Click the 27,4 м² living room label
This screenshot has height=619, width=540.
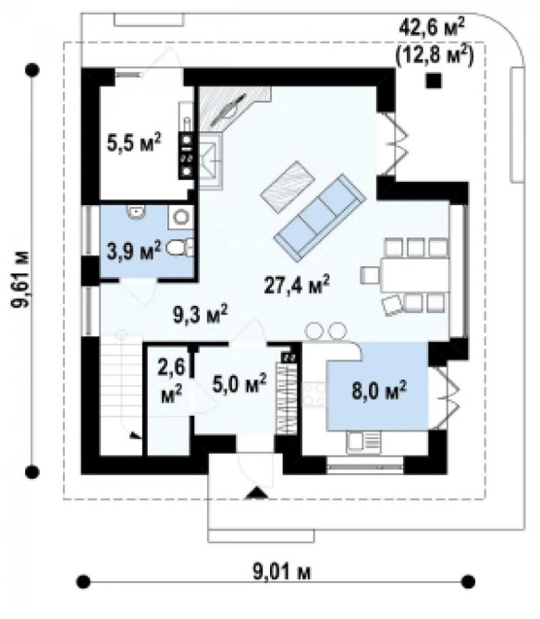coord(297,285)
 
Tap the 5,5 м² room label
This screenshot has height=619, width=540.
coord(134,142)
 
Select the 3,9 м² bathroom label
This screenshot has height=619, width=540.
coord(134,250)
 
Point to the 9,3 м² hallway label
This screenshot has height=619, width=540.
coord(201,314)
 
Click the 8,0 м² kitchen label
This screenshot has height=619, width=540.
coord(379,390)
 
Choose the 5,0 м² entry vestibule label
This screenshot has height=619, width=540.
coord(239,383)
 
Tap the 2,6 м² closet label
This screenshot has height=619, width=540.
coord(171,381)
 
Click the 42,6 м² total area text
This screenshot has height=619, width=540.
coord(432,28)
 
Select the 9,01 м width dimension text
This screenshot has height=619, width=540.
coord(282,572)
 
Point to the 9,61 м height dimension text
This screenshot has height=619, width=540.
coord(20,279)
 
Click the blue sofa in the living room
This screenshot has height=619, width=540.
coord(320,217)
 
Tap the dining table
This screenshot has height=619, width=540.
coord(415,274)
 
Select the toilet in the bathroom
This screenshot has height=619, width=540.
coord(178,248)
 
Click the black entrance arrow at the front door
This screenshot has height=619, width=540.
coord(257,493)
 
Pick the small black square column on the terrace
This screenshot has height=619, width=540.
coord(434,80)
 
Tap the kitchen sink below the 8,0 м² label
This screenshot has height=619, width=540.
coord(363,442)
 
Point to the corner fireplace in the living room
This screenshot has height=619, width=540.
coord(231,109)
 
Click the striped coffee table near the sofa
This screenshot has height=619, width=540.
coord(288,187)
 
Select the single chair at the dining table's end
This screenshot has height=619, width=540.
coord(370,275)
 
